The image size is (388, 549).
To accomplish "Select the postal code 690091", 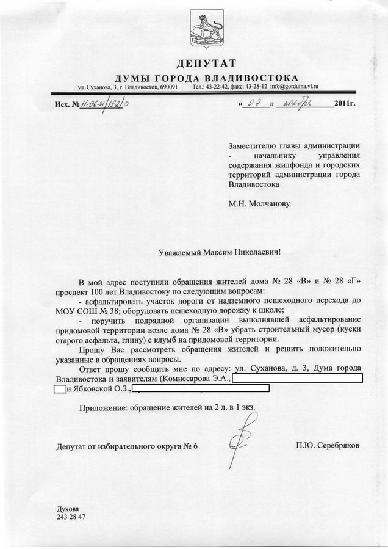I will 166,88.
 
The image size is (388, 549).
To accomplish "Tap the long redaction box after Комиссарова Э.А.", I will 297,379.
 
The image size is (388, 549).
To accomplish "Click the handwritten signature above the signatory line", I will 246,432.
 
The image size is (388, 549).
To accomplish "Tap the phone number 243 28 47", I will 71,517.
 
